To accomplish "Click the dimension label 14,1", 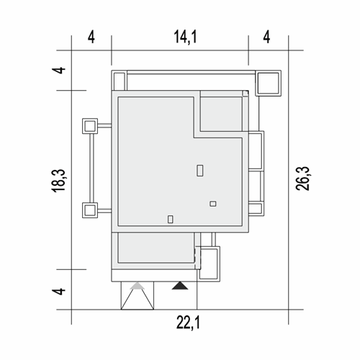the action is point(185,37).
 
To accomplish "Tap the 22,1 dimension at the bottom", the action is point(188,323).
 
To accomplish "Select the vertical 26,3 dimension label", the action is point(302,179).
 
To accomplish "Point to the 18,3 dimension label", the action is point(58,181).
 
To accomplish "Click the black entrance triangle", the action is point(180,286).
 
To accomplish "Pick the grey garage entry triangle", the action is point(138,286).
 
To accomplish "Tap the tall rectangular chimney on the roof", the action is point(200,171).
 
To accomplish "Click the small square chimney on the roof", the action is point(213,204).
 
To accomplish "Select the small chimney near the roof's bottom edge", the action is point(171,219).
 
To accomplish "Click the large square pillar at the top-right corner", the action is point(268,83).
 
